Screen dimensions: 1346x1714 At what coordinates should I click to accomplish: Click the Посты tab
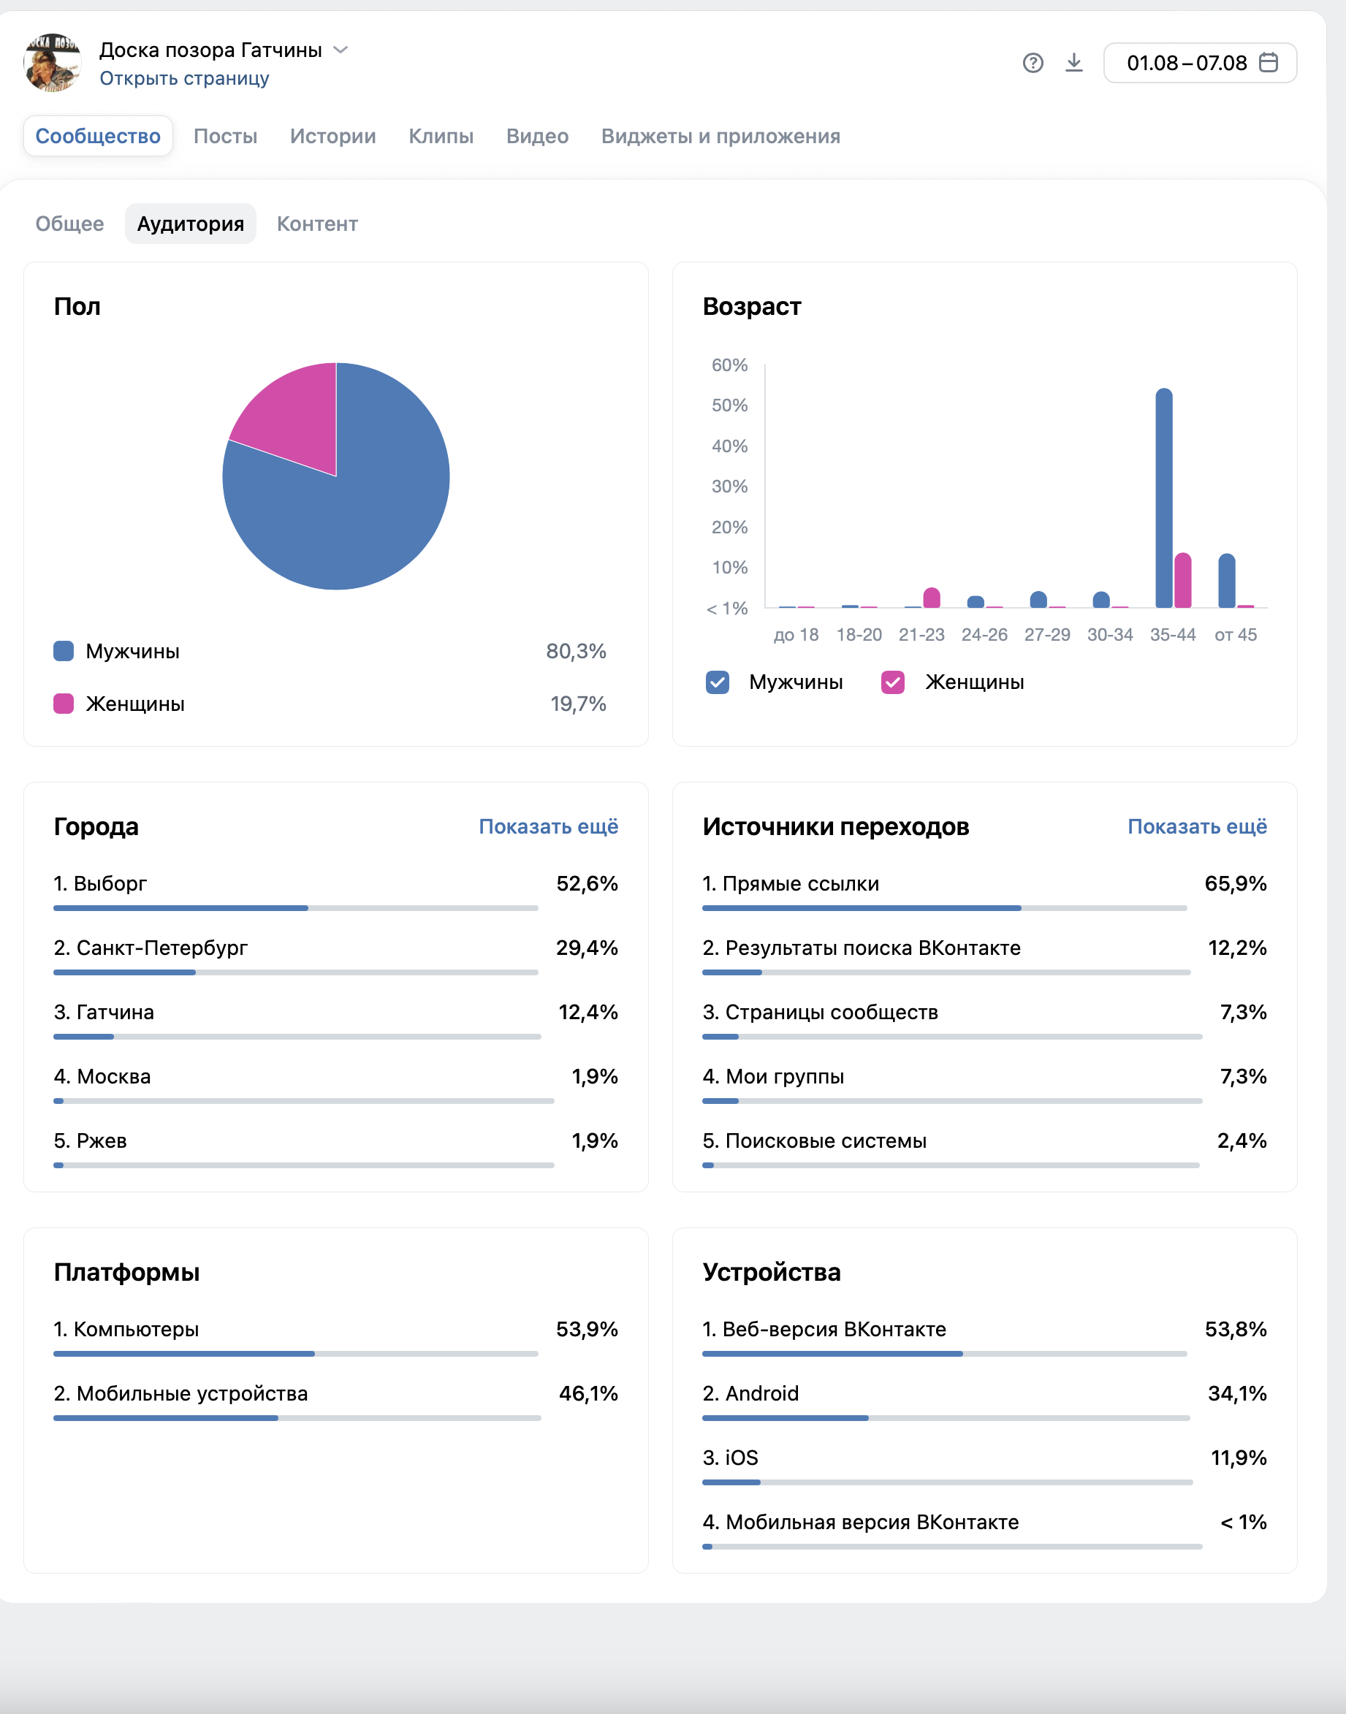point(225,137)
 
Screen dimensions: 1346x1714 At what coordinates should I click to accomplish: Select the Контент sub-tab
point(317,224)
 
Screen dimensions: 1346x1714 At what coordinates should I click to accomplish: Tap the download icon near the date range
point(1073,62)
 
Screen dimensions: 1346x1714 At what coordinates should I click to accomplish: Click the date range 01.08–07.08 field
point(1199,63)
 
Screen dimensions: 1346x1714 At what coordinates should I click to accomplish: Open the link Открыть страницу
point(184,79)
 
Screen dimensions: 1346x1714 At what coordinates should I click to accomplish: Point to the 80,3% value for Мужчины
point(576,651)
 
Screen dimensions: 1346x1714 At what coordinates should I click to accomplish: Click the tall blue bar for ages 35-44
point(1163,498)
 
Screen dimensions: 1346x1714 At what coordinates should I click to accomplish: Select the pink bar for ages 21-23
point(932,598)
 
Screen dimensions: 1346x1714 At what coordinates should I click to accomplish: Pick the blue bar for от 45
point(1226,581)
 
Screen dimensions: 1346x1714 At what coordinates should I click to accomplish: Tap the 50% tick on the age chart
point(730,405)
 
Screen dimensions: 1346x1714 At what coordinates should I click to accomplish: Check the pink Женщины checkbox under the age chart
point(892,682)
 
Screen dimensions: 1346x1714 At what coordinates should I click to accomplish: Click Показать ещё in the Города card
point(549,826)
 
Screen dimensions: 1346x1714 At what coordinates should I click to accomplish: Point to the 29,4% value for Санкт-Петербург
point(587,948)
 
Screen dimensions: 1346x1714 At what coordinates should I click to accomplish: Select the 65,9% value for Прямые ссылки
point(1236,884)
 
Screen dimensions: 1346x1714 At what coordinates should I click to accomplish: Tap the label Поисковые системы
point(826,1141)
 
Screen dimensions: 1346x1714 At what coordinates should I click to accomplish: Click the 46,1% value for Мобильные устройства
point(589,1394)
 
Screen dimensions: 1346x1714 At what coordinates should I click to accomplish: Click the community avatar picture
point(53,62)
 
